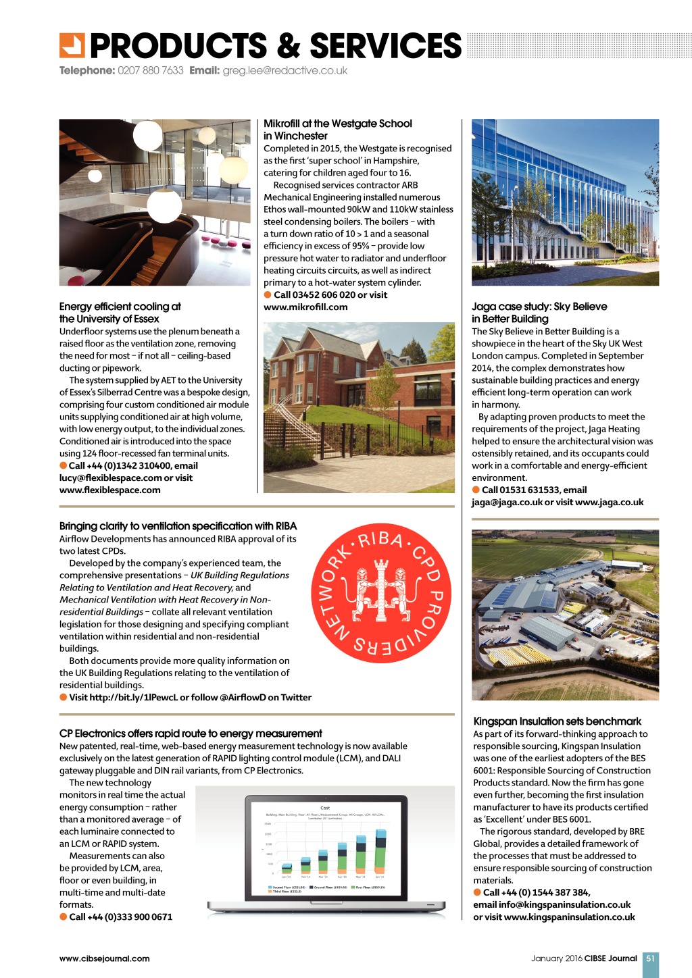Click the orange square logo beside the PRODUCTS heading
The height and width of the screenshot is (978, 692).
pyautogui.click(x=72, y=46)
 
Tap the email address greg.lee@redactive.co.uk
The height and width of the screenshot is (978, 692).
pyautogui.click(x=285, y=71)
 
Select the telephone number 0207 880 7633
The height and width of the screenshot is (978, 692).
pyautogui.click(x=150, y=71)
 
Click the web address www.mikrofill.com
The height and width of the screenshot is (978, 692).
pyautogui.click(x=305, y=307)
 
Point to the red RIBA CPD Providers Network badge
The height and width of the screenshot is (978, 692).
pyautogui.click(x=381, y=592)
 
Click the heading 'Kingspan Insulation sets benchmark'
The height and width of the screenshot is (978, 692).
pyautogui.click(x=558, y=721)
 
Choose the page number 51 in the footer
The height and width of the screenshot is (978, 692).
pyautogui.click(x=650, y=958)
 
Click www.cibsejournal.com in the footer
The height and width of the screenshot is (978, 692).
pyautogui.click(x=105, y=958)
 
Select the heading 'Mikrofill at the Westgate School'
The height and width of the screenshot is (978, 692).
pyautogui.click(x=337, y=124)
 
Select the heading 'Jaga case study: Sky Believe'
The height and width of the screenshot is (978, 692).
pyautogui.click(x=539, y=307)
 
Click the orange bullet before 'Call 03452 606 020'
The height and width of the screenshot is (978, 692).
pyautogui.click(x=268, y=295)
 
